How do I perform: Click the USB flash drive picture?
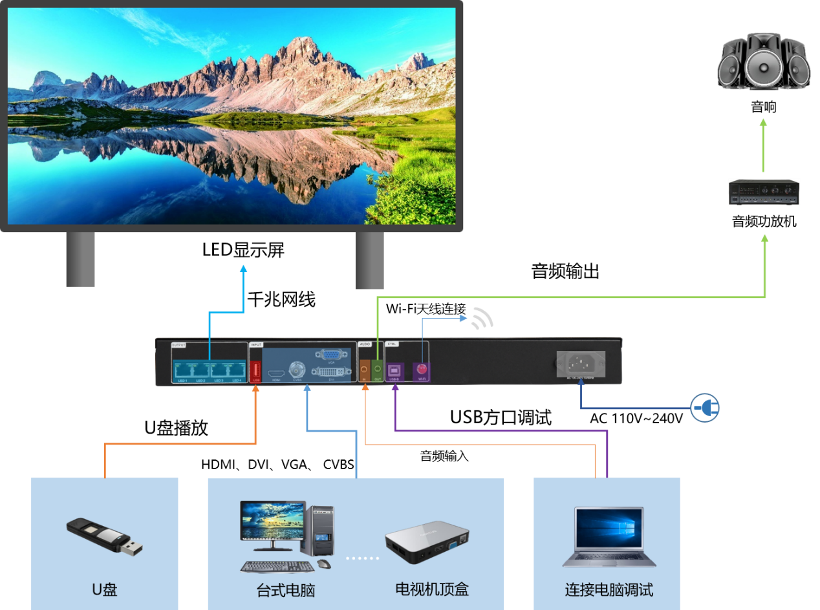[x=104, y=536]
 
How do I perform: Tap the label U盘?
[x=105, y=589]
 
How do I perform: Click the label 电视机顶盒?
[x=431, y=589]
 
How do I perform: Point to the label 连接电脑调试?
[x=609, y=589]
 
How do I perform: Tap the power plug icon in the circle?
[x=704, y=408]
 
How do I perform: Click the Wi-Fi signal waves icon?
[x=482, y=317]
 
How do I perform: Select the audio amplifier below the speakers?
[x=764, y=192]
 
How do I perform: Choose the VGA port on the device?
[x=330, y=355]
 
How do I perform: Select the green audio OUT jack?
[x=378, y=369]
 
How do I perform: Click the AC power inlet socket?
[x=581, y=364]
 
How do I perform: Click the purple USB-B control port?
[x=394, y=370]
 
